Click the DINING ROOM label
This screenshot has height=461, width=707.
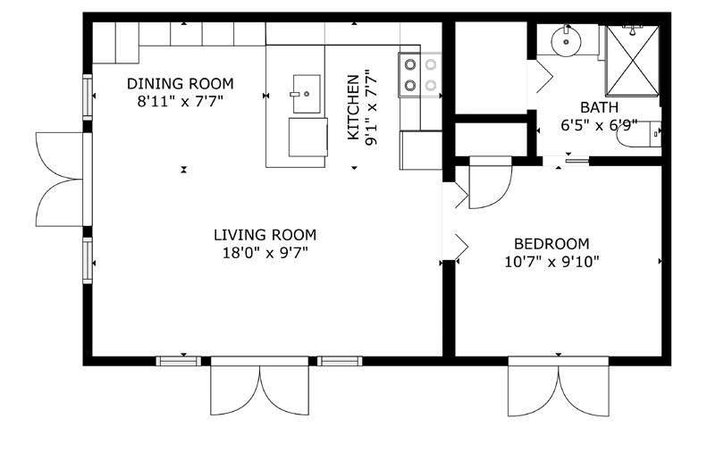click(181, 84)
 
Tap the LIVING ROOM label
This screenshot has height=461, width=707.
click(265, 235)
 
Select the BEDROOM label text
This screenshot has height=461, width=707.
click(551, 244)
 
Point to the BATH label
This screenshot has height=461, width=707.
click(599, 108)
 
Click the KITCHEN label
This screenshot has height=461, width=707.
click(354, 107)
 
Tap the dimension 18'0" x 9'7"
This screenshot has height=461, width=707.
click(265, 253)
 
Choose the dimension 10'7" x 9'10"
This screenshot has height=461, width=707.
click(551, 262)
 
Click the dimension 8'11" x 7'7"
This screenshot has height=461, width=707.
click(181, 101)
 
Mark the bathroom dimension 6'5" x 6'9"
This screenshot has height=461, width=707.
click(599, 125)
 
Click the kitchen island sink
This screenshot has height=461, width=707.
click(307, 94)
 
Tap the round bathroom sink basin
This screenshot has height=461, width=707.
click(566, 42)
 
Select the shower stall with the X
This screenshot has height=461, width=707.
click(632, 62)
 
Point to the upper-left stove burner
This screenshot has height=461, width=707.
click(410, 64)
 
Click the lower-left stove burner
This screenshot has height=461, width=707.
click(410, 85)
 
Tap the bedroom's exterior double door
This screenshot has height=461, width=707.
click(559, 387)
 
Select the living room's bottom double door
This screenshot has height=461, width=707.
click(260, 386)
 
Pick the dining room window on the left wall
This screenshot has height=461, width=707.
click(88, 97)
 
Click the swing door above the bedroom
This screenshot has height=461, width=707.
click(491, 182)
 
